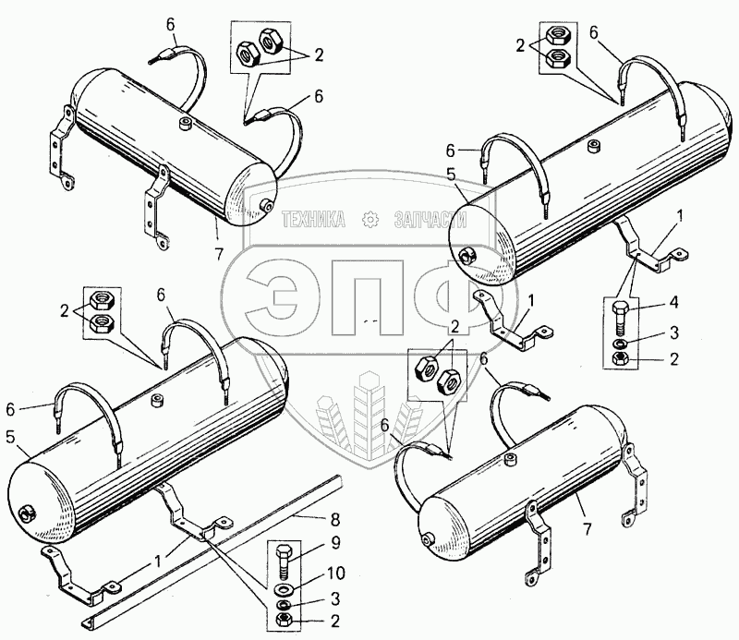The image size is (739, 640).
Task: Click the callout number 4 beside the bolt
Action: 674,303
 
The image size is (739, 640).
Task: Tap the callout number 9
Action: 335,543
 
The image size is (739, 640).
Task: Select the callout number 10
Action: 335,574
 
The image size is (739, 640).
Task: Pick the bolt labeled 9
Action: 285,562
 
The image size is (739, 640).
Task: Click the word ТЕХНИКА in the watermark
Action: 313,220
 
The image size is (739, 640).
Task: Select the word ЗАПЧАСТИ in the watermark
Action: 430,220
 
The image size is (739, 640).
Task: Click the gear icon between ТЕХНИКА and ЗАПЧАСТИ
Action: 370,220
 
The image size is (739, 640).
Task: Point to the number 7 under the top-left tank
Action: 218,255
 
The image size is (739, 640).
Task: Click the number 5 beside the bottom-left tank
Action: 11,437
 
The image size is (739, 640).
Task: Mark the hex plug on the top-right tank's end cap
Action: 468,256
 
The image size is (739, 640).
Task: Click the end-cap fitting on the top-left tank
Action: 266,205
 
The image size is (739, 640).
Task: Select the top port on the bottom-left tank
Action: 155,401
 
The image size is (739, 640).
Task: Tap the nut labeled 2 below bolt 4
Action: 620,359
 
